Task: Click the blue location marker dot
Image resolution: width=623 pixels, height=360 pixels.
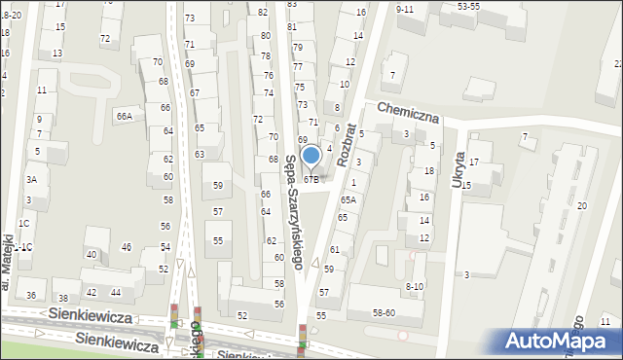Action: [x=311, y=156]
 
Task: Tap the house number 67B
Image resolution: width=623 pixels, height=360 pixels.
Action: [x=311, y=179]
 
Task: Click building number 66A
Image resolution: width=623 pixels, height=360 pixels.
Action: [x=124, y=116]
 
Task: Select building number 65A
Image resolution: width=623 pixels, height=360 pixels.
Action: [x=348, y=199]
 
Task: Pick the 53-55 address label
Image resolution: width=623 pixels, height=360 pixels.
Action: [x=468, y=6]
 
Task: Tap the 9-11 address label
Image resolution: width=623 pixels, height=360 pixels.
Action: [x=406, y=9]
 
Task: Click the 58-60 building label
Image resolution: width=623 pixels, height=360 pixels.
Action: [x=383, y=312]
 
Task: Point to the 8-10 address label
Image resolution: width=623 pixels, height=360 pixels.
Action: [x=414, y=286]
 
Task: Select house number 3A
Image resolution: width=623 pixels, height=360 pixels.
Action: [x=31, y=179]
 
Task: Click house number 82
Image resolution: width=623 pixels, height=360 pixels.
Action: [x=264, y=11]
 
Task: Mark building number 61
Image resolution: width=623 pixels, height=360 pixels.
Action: [x=335, y=250]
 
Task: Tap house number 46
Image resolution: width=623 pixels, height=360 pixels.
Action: [x=127, y=247]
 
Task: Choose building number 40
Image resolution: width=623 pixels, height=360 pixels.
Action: [x=92, y=255]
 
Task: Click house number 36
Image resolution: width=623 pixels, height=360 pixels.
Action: [x=31, y=296]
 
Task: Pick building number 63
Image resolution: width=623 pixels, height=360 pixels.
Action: [x=200, y=154]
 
